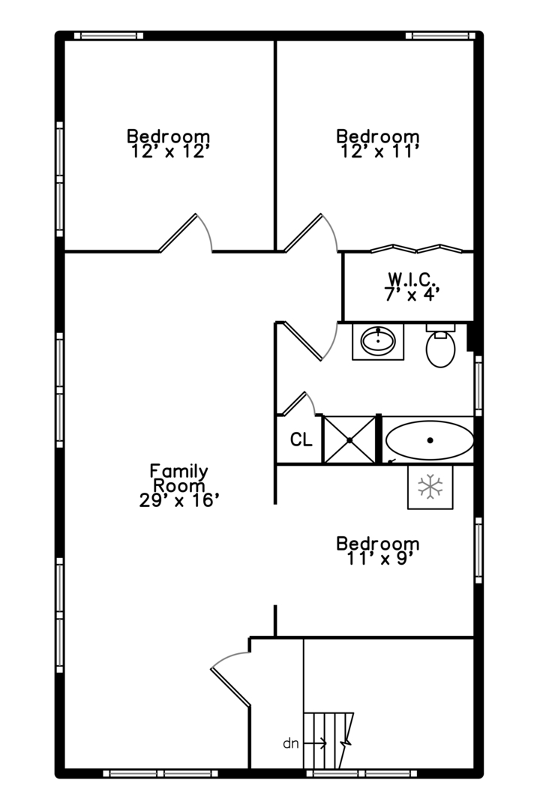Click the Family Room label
point(178,478)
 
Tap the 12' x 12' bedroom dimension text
point(169,151)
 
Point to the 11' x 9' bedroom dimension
point(379,559)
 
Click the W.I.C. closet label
point(412,280)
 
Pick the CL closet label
point(301,439)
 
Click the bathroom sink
point(378,341)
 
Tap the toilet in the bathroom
point(441,345)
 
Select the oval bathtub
point(430,441)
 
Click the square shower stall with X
point(349,440)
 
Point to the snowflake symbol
point(430,487)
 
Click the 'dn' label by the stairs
point(291,743)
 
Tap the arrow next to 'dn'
point(314,744)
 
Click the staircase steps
point(328,740)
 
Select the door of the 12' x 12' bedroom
point(185,232)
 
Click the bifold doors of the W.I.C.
point(416,248)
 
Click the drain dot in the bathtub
point(430,441)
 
